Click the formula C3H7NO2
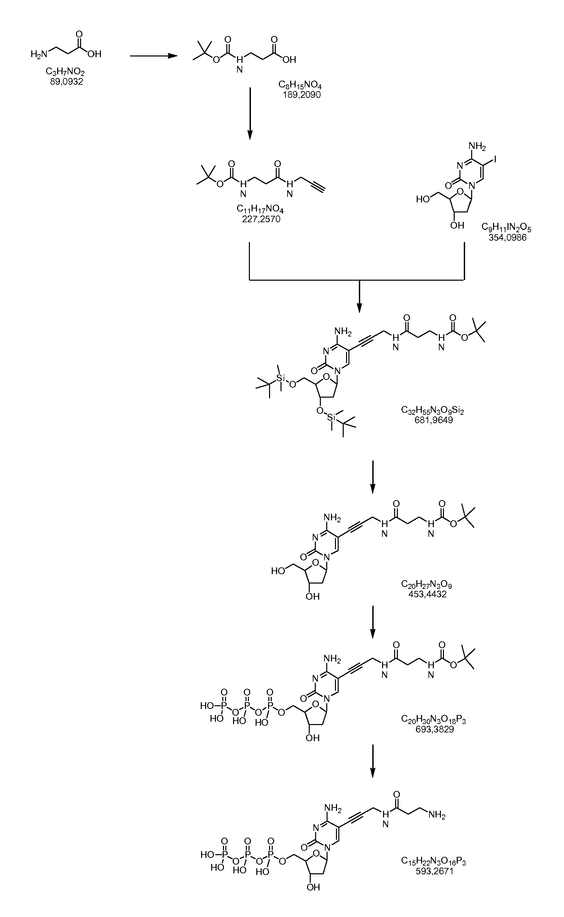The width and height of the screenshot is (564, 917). pos(65,72)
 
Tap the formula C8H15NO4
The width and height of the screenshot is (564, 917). pos(300,85)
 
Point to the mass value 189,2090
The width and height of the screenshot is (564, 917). pos(302,95)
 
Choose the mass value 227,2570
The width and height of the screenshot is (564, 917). pos(261,219)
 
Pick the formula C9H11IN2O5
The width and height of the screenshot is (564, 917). pos(506,228)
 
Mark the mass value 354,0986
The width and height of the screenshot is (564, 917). pos(508,237)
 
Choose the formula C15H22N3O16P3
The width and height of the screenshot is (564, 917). pos(434,858)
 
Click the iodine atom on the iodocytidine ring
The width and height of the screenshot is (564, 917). pos(495,160)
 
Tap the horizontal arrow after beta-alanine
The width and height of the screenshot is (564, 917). pos(153,56)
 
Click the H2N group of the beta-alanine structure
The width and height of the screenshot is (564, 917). pos(39,54)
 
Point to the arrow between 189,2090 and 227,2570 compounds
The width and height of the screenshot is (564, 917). pos(250,114)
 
